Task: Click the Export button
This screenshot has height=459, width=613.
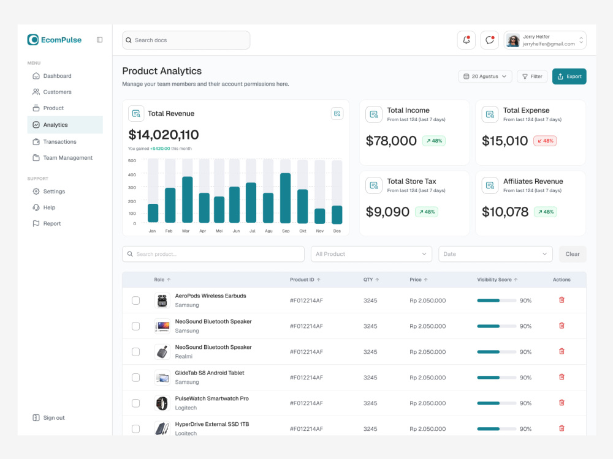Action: tap(569, 76)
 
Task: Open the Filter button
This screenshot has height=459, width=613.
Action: tap(532, 76)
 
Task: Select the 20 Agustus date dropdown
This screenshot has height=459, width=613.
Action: tap(485, 76)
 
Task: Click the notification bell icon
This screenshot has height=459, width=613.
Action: tap(466, 40)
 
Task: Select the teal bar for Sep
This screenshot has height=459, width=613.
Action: tap(286, 198)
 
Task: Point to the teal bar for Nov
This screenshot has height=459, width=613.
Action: tap(320, 216)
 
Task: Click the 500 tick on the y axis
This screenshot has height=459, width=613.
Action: tap(132, 160)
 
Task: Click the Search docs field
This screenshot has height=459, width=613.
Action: tap(186, 40)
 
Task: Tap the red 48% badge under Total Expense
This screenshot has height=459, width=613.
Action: tap(544, 141)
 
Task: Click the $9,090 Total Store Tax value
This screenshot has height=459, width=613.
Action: tap(387, 212)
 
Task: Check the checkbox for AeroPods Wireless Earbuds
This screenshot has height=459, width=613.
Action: tap(135, 300)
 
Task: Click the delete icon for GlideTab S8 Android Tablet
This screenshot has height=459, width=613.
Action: tap(562, 377)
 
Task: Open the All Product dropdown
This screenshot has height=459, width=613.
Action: tap(371, 254)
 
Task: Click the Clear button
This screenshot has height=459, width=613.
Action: tap(573, 254)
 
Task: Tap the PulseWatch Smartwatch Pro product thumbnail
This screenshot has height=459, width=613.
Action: tap(162, 403)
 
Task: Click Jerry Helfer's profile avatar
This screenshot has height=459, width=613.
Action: tap(513, 40)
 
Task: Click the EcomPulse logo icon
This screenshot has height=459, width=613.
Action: tap(33, 40)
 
